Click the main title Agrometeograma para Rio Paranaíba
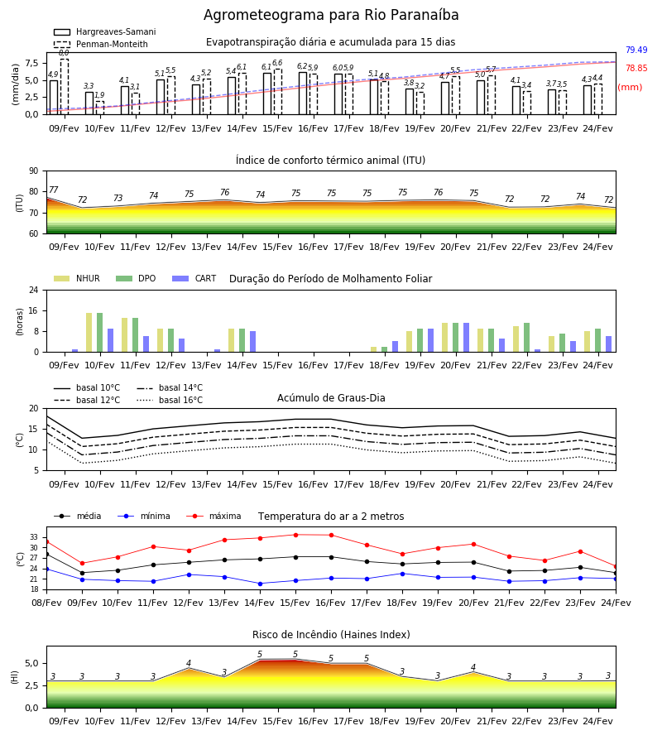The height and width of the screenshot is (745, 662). [x=331, y=15]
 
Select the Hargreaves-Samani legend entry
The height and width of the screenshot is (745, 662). [x=105, y=31]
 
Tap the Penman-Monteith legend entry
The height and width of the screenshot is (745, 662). [x=101, y=44]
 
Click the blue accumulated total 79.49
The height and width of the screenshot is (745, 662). [x=636, y=50]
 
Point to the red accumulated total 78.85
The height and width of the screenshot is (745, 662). [x=636, y=69]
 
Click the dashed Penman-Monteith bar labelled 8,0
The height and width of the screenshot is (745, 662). [x=65, y=87]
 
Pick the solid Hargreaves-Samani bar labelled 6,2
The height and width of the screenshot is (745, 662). [x=303, y=93]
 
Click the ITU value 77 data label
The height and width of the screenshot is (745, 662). [x=53, y=190]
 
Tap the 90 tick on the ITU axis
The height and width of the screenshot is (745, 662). [x=34, y=171]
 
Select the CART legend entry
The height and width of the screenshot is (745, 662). [x=194, y=278]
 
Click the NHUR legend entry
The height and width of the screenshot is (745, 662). [x=77, y=278]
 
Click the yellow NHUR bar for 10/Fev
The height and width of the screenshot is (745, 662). [x=89, y=333]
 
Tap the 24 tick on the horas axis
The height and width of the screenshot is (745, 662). [x=34, y=290]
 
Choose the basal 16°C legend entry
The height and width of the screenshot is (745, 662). [x=170, y=400]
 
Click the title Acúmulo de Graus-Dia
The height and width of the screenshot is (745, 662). [x=331, y=398]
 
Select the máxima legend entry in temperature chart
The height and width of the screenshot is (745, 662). [x=214, y=516]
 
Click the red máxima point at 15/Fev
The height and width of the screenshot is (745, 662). [x=296, y=535]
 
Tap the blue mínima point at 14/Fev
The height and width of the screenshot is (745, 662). [x=260, y=584]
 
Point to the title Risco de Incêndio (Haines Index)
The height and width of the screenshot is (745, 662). [x=331, y=635]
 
